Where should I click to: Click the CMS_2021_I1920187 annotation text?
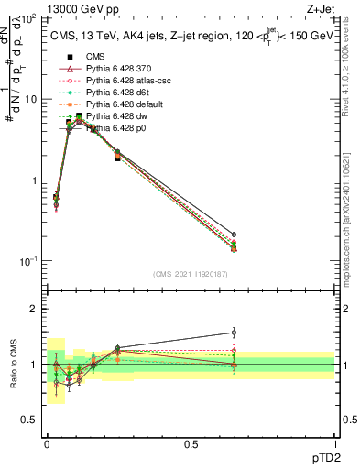point(191,274)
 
